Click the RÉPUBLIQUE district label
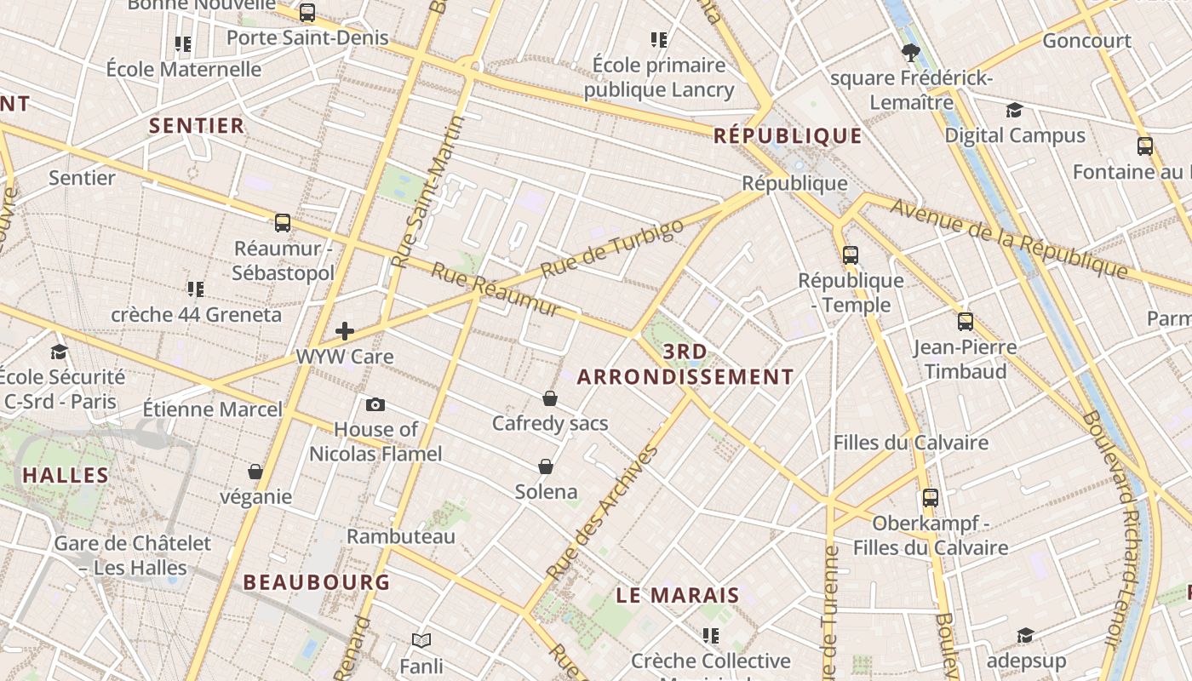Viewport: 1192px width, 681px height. pyautogui.click(x=788, y=135)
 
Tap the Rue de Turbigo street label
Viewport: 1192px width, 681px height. pyautogui.click(x=612, y=248)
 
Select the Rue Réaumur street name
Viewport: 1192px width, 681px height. pyautogui.click(x=496, y=289)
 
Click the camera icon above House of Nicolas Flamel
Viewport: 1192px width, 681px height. pyautogui.click(x=375, y=404)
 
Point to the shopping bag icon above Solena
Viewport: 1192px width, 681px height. pyautogui.click(x=546, y=466)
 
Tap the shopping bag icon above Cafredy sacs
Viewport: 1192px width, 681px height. pyautogui.click(x=550, y=398)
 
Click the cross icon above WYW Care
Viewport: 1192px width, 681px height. pyautogui.click(x=345, y=331)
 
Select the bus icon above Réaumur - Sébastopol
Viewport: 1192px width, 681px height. pyautogui.click(x=283, y=223)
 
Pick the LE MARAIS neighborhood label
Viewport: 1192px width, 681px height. pyautogui.click(x=678, y=596)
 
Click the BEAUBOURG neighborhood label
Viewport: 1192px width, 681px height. pyautogui.click(x=317, y=582)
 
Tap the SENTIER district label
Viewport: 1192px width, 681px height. pyautogui.click(x=197, y=126)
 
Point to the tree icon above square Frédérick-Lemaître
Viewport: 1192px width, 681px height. pyautogui.click(x=910, y=53)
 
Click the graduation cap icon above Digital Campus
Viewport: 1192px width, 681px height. pyautogui.click(x=1014, y=110)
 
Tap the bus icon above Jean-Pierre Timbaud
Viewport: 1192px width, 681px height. pyautogui.click(x=965, y=321)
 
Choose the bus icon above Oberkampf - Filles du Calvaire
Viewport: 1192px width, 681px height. pyautogui.click(x=931, y=498)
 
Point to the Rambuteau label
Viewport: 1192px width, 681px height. pyautogui.click(x=401, y=536)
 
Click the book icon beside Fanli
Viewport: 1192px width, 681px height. pyautogui.click(x=421, y=640)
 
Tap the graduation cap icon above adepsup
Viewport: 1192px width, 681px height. pyautogui.click(x=1025, y=635)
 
